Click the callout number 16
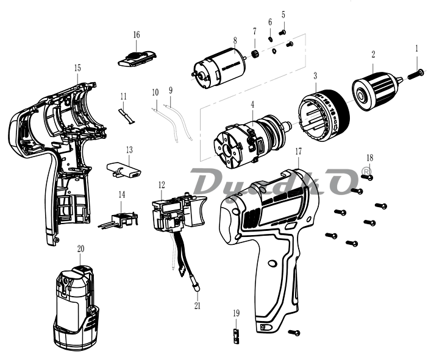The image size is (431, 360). click(136, 34)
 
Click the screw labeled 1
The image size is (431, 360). click(418, 73)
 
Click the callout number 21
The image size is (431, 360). click(197, 305)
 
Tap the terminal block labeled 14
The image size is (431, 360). click(119, 217)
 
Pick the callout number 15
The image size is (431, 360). click(77, 69)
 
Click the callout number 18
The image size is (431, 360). click(369, 158)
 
